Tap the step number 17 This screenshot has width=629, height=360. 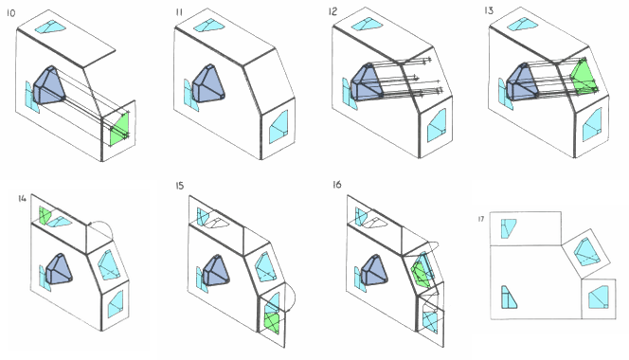click(x=483, y=220)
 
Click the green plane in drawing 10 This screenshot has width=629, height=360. click(x=118, y=128)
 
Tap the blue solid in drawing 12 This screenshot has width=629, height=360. click(x=365, y=82)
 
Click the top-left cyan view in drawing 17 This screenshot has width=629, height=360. click(x=509, y=226)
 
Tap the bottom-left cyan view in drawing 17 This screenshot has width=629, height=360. click(x=509, y=298)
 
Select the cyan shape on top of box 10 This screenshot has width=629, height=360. click(x=52, y=27)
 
